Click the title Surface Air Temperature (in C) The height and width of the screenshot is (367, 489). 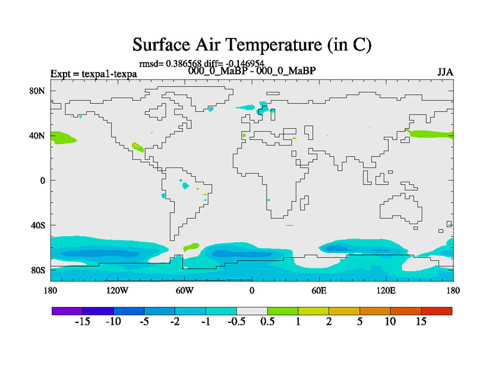click(252, 45)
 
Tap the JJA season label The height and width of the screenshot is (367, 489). click(445, 72)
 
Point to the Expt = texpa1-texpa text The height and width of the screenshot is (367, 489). click(94, 74)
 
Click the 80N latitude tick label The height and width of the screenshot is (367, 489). click(37, 91)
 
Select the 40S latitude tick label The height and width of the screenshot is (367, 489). click(38, 225)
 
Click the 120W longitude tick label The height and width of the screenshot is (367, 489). click(117, 291)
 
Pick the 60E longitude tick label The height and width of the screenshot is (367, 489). click(319, 291)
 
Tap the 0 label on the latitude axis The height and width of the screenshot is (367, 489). click(42, 180)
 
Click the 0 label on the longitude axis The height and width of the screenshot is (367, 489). click(252, 291)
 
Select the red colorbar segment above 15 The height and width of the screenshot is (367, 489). click(436, 311)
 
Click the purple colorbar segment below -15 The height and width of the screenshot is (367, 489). click(67, 311)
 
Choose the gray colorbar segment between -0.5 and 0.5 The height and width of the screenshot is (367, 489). click(252, 311)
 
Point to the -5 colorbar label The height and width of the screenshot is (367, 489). click(144, 322)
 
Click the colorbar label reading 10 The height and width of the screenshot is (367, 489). click(390, 322)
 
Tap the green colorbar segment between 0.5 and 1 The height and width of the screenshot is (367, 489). click(283, 311)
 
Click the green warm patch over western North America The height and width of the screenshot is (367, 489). click(138, 147)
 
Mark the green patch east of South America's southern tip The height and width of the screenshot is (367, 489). click(191, 247)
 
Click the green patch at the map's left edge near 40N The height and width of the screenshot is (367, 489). click(62, 138)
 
